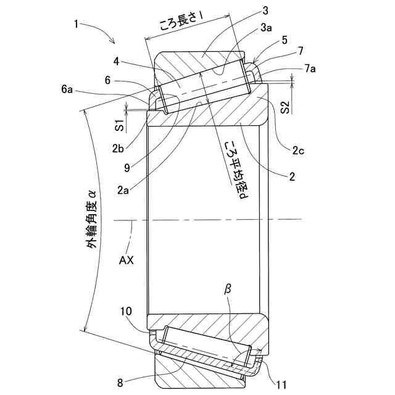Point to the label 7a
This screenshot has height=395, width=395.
(309, 69)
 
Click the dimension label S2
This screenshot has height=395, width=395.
(285, 107)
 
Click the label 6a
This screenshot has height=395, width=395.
(67, 89)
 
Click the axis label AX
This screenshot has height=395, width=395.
(127, 260)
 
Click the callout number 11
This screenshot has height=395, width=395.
(281, 385)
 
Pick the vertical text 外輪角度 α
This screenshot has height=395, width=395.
(91, 219)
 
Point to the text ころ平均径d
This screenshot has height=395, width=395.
(234, 167)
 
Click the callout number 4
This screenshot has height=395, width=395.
(116, 62)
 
